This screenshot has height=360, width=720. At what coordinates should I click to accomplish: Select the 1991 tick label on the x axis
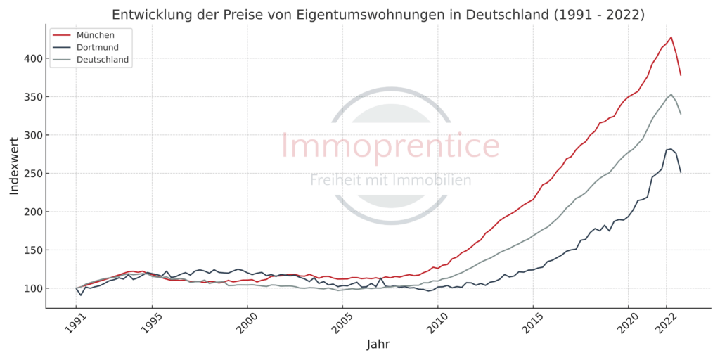pyautogui.click(x=75, y=321)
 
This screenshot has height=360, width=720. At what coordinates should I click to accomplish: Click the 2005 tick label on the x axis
pyautogui.click(x=342, y=321)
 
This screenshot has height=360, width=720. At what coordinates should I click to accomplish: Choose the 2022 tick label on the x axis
pyautogui.click(x=665, y=321)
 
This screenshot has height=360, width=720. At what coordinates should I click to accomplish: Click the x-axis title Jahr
pyautogui.click(x=378, y=345)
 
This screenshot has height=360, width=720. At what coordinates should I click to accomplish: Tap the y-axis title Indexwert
pyautogui.click(x=14, y=167)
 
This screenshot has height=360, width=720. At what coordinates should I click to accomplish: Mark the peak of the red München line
pyautogui.click(x=671, y=37)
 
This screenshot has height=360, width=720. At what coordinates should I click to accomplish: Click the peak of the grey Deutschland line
pyautogui.click(x=671, y=94)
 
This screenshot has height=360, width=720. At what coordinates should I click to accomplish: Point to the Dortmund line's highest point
pyautogui.click(x=671, y=149)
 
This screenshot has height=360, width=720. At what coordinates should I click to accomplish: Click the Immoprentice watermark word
pyautogui.click(x=390, y=146)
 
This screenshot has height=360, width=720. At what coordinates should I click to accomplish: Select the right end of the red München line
pyautogui.click(x=681, y=75)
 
